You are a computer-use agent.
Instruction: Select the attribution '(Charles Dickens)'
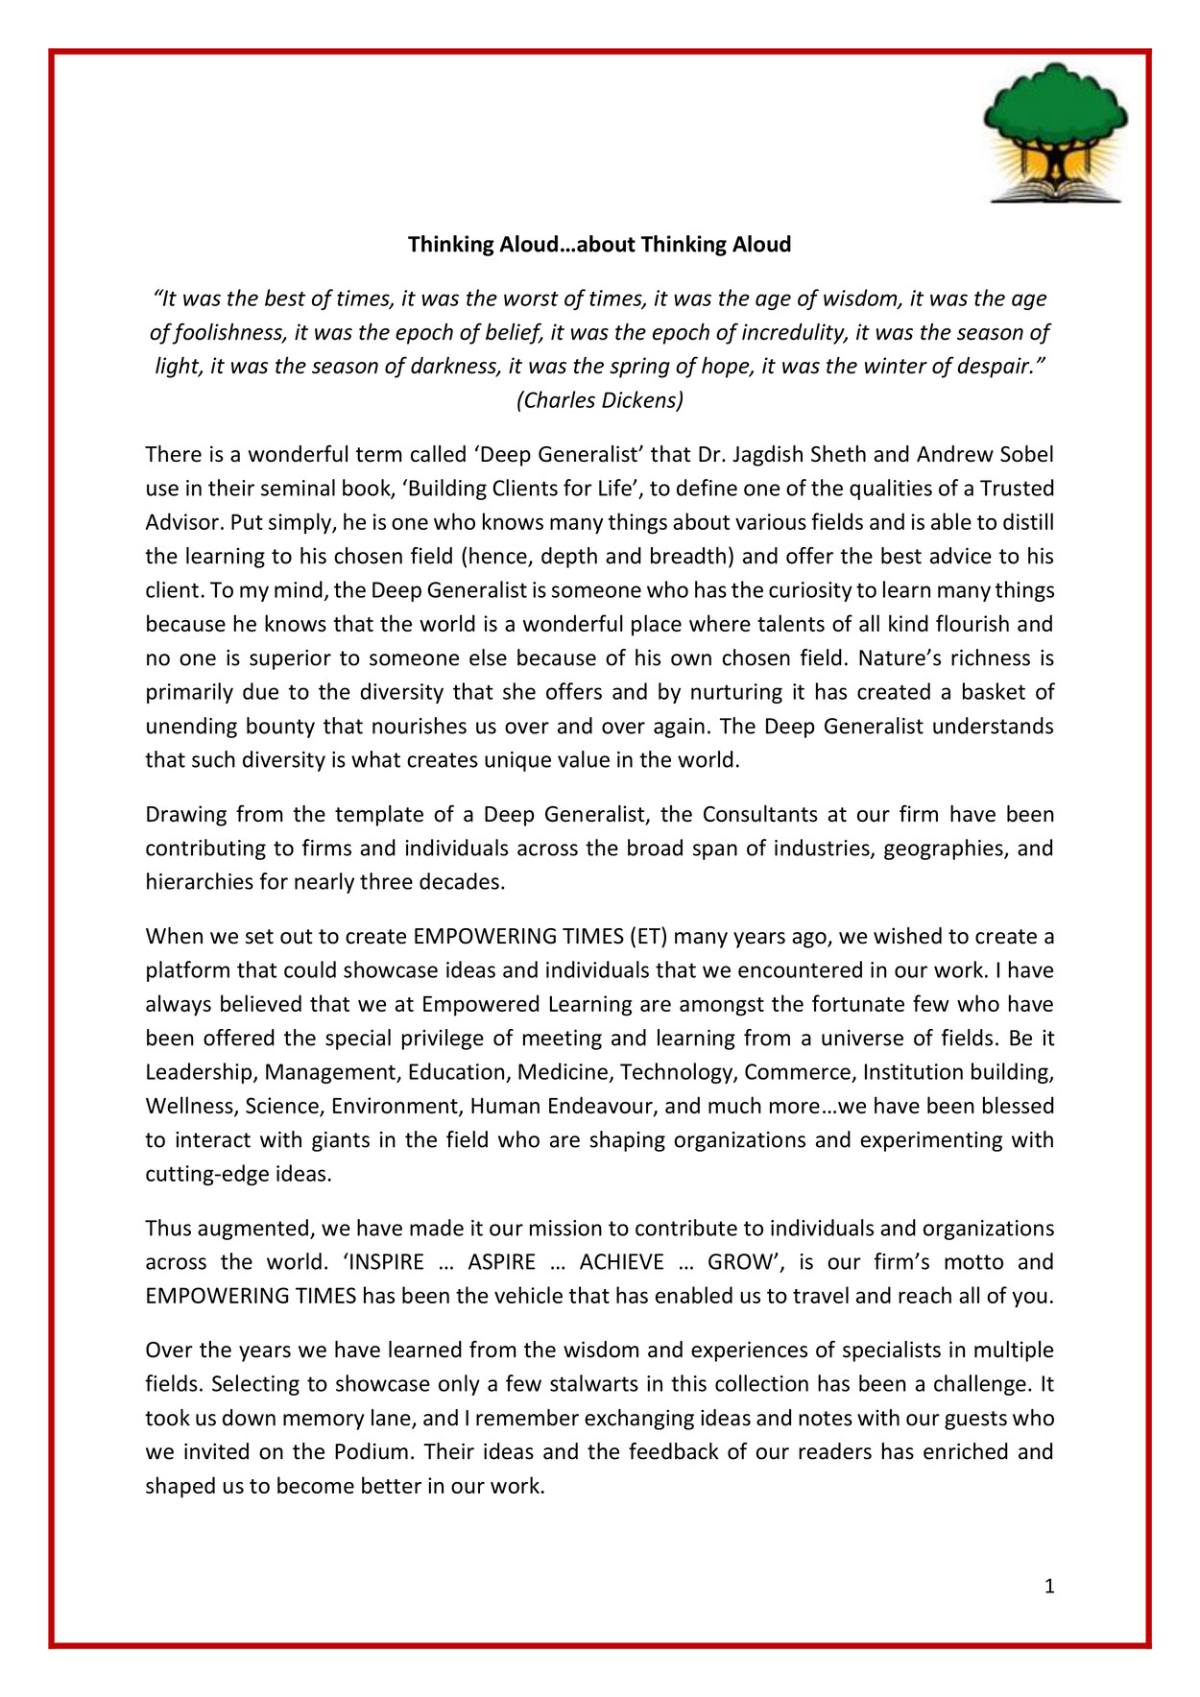600,400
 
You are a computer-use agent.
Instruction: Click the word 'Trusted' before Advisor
1017,489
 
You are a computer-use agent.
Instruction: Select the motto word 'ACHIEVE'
621,1262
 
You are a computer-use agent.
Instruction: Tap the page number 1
1049,1587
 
